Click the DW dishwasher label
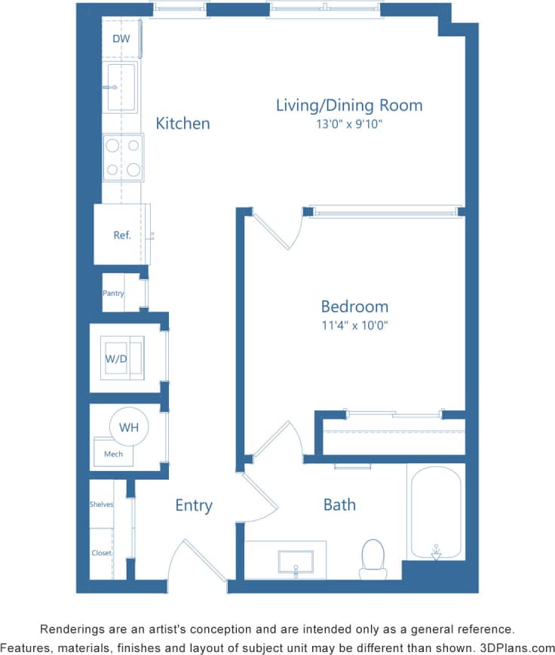pos(121,39)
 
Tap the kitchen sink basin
pos(121,87)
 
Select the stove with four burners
pos(123,157)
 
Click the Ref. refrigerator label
pos(122,235)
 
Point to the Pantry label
pos(113,294)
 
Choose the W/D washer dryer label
pos(115,358)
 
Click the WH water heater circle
pos(129,427)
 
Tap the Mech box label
pos(113,454)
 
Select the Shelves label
pos(101,504)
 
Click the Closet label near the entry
pos(101,553)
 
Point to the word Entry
pos(194,506)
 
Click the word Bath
pos(339,505)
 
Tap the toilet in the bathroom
pos(373,558)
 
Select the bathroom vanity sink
pos(296,562)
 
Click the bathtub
pos(436,513)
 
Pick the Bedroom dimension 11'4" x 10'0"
pos(354,326)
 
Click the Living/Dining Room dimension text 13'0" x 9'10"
pos(349,124)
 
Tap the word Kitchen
pos(182,123)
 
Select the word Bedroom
pos(354,306)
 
